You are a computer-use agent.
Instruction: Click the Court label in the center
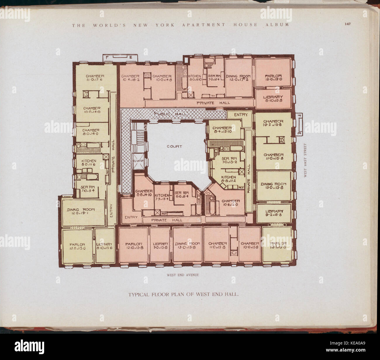(174, 146)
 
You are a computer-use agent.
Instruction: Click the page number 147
(347, 24)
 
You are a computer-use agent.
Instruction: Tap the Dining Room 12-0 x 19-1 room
(83, 212)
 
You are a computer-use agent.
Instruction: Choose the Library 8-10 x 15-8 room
(273, 99)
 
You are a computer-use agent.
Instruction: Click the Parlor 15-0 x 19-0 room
(273, 72)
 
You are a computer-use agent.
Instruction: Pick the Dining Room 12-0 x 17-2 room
(238, 77)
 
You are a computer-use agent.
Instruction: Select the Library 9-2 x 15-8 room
(274, 213)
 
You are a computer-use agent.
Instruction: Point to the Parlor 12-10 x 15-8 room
(134, 245)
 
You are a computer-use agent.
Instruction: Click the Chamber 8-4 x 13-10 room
(222, 130)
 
